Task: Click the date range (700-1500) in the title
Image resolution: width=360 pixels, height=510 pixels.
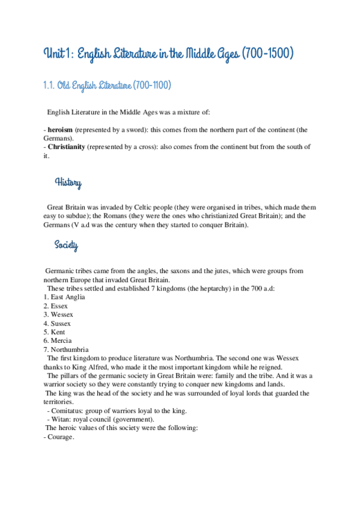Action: pyautogui.click(x=269, y=55)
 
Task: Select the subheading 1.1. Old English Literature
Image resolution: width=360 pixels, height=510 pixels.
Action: pyautogui.click(x=107, y=86)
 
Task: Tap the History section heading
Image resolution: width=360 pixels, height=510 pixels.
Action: pyautogui.click(x=68, y=183)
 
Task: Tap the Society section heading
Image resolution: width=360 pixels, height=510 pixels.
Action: pyautogui.click(x=66, y=245)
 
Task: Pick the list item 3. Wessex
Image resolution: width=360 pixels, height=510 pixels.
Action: pyautogui.click(x=58, y=315)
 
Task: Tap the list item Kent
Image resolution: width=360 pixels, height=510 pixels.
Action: pyautogui.click(x=58, y=332)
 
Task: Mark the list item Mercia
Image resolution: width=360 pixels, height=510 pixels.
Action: pyautogui.click(x=61, y=341)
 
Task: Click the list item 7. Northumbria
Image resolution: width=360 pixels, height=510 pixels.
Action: pyautogui.click(x=66, y=349)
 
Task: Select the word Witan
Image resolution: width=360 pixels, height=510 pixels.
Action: pyautogui.click(x=60, y=419)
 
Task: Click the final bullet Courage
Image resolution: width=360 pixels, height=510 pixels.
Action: pyautogui.click(x=61, y=437)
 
